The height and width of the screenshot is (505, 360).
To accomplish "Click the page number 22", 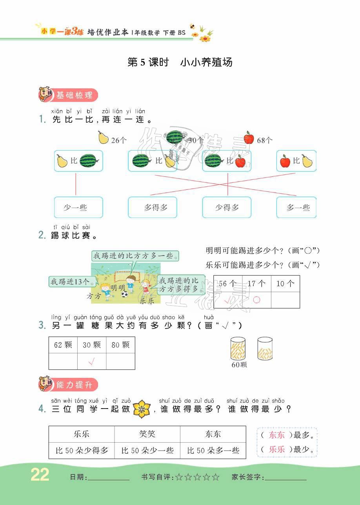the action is (40, 475).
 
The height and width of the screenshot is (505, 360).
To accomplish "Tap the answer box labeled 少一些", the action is (78, 207).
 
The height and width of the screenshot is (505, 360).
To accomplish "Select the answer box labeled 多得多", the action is (153, 207).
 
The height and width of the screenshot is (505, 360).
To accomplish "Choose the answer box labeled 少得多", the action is (227, 207).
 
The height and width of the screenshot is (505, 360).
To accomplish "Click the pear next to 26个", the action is (103, 138).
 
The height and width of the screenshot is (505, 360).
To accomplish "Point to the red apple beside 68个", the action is (249, 138).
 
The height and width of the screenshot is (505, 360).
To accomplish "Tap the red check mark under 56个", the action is (227, 301).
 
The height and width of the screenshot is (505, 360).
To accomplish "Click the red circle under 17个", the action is (256, 300).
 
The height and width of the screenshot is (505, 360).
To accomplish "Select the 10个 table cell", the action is (285, 283).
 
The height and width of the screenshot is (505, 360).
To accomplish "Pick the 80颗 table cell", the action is (120, 345).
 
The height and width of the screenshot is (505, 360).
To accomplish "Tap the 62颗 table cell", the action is (63, 345).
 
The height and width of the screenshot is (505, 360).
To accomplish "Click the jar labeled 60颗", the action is (238, 349).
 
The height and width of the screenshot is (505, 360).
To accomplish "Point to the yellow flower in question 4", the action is (142, 409).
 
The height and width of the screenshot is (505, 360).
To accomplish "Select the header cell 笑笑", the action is (147, 434).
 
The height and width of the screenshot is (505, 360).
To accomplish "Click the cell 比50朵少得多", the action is (82, 451).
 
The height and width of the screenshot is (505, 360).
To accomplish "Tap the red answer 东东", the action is (277, 435).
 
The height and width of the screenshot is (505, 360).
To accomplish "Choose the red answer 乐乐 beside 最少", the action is (277, 450).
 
